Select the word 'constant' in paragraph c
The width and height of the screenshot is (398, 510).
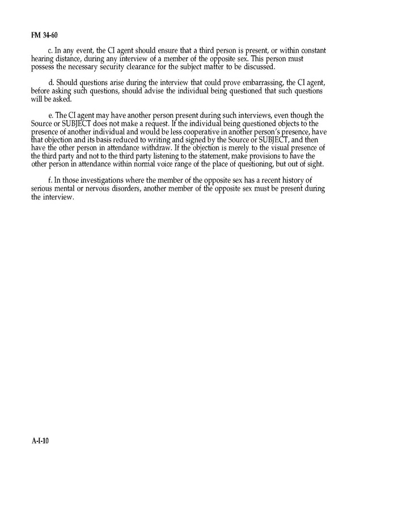(x=310, y=50)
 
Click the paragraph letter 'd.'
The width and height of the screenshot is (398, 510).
(x=50, y=83)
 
